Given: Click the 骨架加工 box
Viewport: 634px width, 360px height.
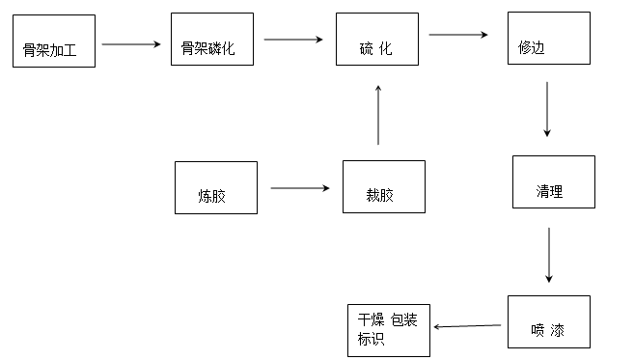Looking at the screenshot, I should [55, 42].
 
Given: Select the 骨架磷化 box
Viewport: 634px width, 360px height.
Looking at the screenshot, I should [212, 41].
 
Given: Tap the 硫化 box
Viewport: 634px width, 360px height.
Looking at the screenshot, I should [377, 41].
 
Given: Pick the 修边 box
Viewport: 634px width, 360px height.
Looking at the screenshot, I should [547, 39].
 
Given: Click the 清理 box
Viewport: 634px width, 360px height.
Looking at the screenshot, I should [553, 182].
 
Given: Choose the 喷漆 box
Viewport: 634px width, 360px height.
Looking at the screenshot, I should [548, 321].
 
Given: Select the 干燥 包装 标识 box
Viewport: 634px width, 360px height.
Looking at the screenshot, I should [389, 330].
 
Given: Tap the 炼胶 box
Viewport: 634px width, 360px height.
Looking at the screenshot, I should [216, 187].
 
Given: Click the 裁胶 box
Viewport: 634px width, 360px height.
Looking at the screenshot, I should [383, 187].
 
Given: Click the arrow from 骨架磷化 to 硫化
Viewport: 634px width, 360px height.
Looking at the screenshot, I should [293, 40].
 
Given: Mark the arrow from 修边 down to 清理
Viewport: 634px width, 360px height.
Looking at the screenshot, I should [547, 109].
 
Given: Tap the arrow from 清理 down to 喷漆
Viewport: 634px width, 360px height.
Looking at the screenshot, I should [549, 255].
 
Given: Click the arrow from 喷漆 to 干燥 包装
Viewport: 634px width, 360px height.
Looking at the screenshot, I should [468, 326].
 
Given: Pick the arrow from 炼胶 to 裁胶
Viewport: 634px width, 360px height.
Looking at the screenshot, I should [299, 188].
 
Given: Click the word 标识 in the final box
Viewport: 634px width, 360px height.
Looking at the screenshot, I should [372, 341].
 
